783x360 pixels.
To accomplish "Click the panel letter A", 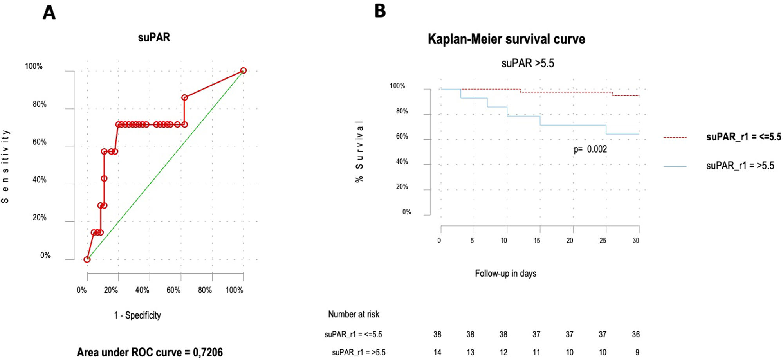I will coord(49,13).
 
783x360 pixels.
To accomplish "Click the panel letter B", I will coord(380,11).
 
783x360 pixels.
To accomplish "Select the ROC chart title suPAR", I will coord(154,38).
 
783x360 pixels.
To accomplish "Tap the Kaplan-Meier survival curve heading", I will coord(506,39).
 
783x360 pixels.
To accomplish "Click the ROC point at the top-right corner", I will coord(244,70).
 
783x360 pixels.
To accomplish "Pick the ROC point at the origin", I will coord(87,259).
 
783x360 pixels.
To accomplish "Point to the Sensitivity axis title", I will coord(5,166).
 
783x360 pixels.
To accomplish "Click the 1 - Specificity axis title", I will coord(137,315).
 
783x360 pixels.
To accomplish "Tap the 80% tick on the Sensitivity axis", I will coord(40,104).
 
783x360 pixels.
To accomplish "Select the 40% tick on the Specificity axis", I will coord(142,290).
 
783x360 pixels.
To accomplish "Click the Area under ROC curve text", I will coord(150,352).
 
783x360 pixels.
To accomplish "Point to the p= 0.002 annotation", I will coord(590,149).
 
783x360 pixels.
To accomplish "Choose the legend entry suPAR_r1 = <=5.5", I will coord(743,137).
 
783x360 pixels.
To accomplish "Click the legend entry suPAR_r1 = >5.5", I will coord(740,166).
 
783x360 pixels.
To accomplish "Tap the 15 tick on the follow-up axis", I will coord(537,240).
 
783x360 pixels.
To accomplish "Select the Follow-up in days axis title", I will coord(505,274).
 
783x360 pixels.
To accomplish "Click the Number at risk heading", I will coord(354,314).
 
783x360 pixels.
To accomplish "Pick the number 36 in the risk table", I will coord(636,334).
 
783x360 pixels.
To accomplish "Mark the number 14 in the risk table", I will coord(437,352).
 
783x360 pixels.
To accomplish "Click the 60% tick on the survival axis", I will coord(402,136).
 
